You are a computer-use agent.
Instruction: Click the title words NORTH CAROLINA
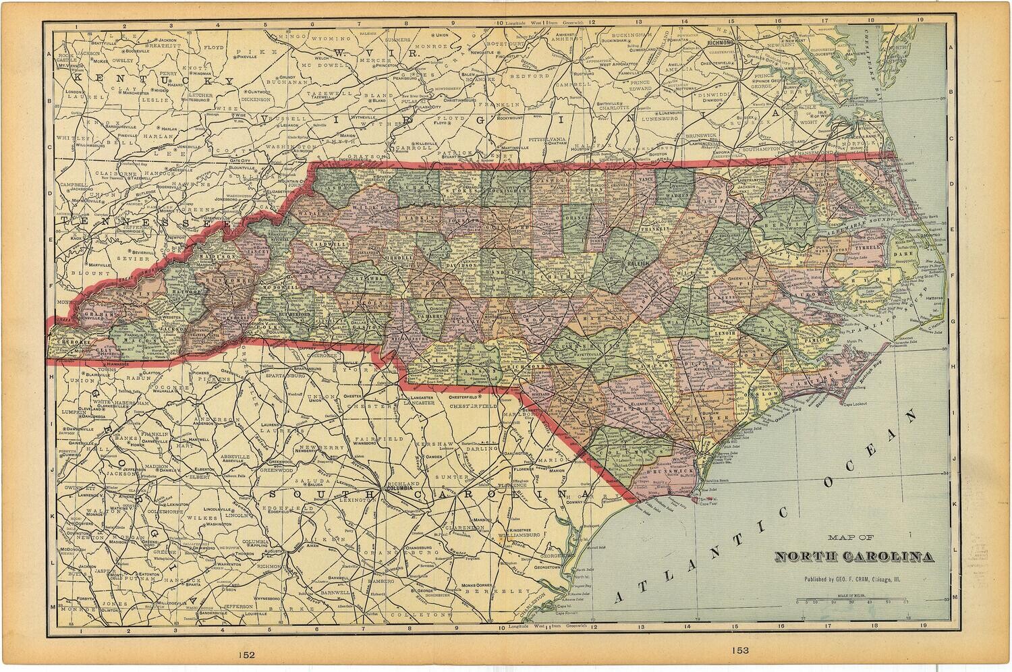(855, 557)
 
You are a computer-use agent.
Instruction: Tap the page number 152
(246, 654)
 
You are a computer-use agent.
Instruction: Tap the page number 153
(739, 650)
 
